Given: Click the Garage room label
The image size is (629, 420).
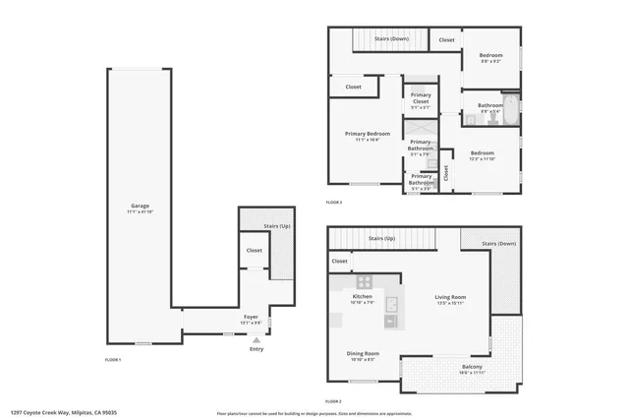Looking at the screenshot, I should click(140, 206).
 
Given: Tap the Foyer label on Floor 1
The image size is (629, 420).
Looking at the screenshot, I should click(251, 317).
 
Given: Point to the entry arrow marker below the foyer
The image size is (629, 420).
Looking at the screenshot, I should click(257, 339).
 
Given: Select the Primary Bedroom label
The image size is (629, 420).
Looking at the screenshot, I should click(367, 133).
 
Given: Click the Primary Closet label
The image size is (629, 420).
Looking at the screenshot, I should click(421, 98).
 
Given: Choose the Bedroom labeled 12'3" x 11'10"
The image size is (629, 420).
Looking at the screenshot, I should click(482, 152).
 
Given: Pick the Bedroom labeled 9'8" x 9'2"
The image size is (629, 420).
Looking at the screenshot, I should click(490, 55).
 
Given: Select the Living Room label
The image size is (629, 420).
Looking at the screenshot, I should click(450, 296).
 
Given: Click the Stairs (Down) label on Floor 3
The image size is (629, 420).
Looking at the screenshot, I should click(391, 38).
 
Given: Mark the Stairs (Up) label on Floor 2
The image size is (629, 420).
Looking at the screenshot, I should click(381, 238).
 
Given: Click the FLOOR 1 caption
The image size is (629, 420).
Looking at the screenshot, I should click(113, 361).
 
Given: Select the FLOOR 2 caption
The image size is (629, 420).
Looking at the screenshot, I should click(333, 401).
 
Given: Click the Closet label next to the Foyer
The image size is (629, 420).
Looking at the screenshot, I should click(254, 250).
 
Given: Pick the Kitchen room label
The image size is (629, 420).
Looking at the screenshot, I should click(363, 295).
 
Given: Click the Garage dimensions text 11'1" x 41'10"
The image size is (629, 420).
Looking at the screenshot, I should click(140, 212).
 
